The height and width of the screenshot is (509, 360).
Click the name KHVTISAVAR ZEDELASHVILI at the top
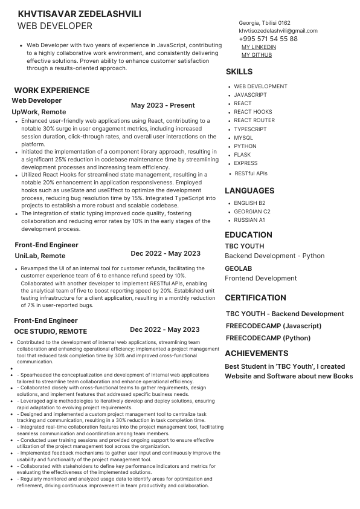click(x=79, y=14)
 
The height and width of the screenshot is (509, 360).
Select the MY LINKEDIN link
click(x=259, y=47)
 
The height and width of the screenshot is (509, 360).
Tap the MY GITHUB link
click(x=257, y=55)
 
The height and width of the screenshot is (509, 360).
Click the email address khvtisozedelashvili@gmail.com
click(x=278, y=31)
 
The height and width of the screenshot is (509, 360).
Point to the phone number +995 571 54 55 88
click(x=268, y=39)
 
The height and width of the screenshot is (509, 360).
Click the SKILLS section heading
click(x=239, y=72)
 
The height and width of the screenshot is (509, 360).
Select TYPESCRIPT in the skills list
click(x=250, y=129)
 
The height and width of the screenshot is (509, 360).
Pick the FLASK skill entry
click(x=243, y=155)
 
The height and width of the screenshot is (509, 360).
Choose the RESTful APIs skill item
click(x=251, y=173)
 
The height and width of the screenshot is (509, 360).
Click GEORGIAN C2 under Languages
click(x=252, y=212)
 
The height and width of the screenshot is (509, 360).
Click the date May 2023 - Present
click(x=162, y=105)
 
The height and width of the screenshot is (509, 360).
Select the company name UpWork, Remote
click(x=39, y=112)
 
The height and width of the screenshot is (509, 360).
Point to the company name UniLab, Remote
click(x=39, y=256)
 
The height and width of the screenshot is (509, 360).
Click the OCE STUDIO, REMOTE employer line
click(x=50, y=331)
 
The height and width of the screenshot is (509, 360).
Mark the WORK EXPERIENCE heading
click(x=51, y=90)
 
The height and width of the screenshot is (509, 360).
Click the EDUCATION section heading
click(x=248, y=235)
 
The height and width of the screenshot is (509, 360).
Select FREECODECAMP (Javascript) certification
click(x=273, y=326)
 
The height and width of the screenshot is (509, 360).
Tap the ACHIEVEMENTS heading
click(x=256, y=353)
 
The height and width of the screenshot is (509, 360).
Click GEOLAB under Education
click(x=238, y=268)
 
